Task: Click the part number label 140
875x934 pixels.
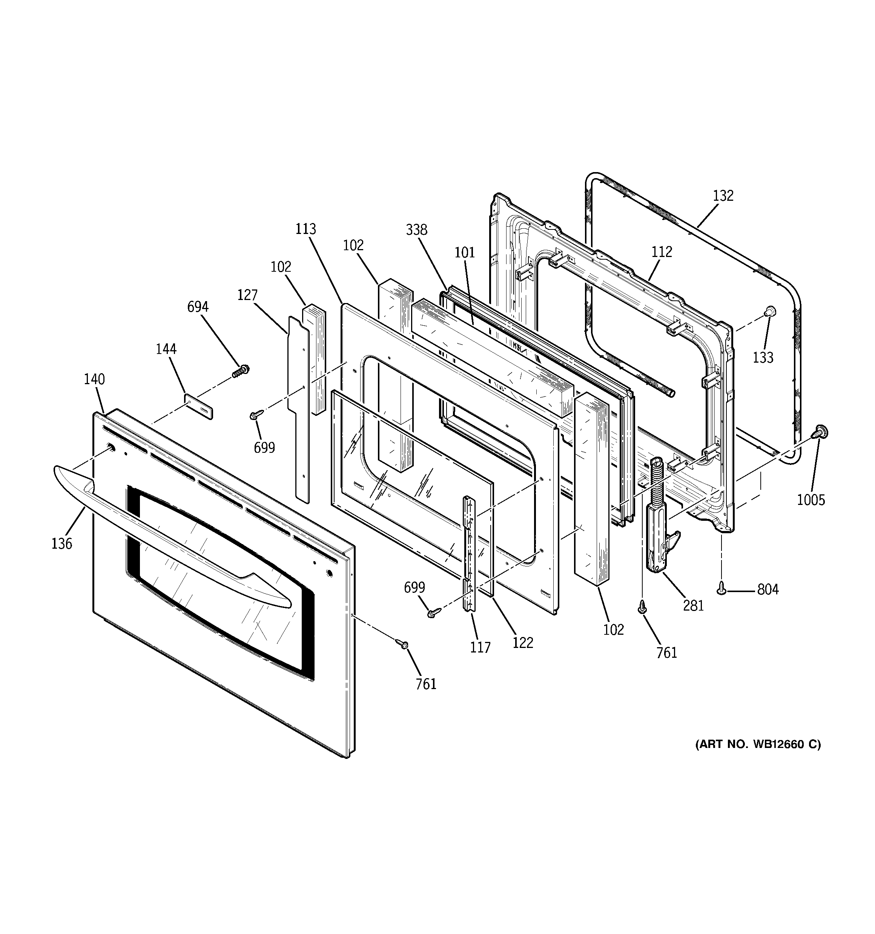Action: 94,379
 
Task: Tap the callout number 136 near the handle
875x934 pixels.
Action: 61,543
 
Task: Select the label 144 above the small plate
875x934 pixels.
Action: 166,349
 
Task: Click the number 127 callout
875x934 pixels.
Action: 247,295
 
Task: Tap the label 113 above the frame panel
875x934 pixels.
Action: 306,229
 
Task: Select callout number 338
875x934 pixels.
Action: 417,230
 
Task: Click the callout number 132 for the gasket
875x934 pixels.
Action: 723,195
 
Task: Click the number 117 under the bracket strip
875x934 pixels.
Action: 480,648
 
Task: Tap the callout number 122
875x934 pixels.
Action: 523,642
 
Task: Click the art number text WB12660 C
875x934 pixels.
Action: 758,757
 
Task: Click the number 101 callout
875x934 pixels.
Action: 465,252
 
